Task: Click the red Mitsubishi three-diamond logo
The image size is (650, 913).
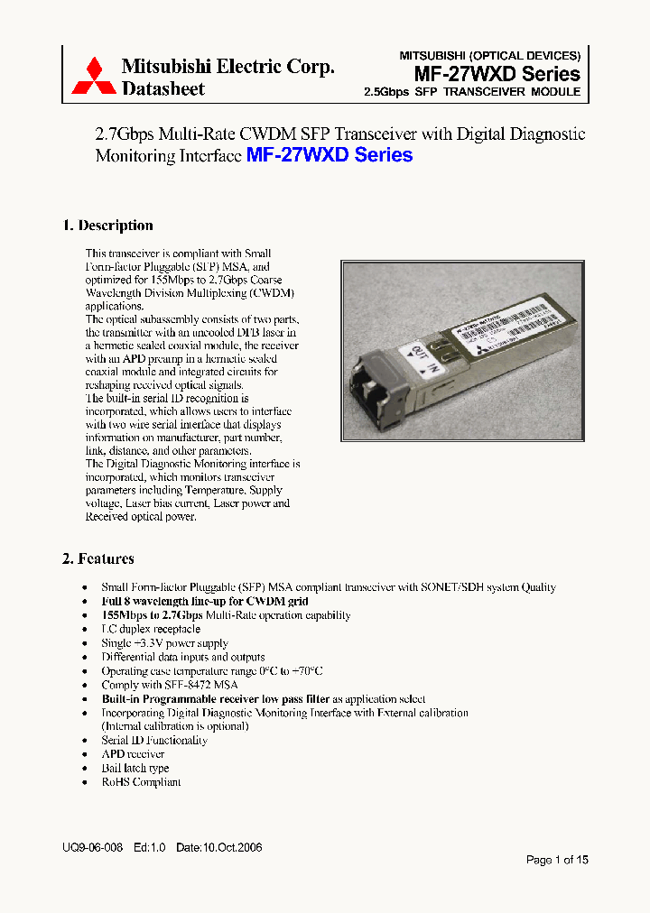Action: pyautogui.click(x=93, y=76)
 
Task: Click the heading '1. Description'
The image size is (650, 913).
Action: pyautogui.click(x=107, y=226)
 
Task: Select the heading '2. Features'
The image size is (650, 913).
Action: pyautogui.click(x=98, y=558)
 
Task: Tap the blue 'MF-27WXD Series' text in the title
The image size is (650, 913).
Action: pyautogui.click(x=330, y=155)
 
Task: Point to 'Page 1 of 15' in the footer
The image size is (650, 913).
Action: pyautogui.click(x=557, y=860)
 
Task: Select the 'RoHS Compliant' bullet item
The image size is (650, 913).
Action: pyautogui.click(x=141, y=782)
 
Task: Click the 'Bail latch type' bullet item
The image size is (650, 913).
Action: pyautogui.click(x=135, y=768)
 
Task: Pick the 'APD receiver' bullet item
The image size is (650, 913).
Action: pyautogui.click(x=133, y=754)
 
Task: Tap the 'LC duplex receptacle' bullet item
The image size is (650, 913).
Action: pyautogui.click(x=151, y=629)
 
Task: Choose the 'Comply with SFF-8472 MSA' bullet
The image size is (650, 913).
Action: pyautogui.click(x=170, y=685)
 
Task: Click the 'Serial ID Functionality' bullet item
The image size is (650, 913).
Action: pyautogui.click(x=154, y=740)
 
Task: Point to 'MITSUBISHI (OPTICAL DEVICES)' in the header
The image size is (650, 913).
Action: pyautogui.click(x=490, y=55)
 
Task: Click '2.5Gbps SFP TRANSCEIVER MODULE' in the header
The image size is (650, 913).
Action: pyautogui.click(x=471, y=93)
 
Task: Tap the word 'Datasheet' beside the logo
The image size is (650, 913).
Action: pyautogui.click(x=163, y=88)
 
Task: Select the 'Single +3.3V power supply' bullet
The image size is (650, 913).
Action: pyautogui.click(x=164, y=643)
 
